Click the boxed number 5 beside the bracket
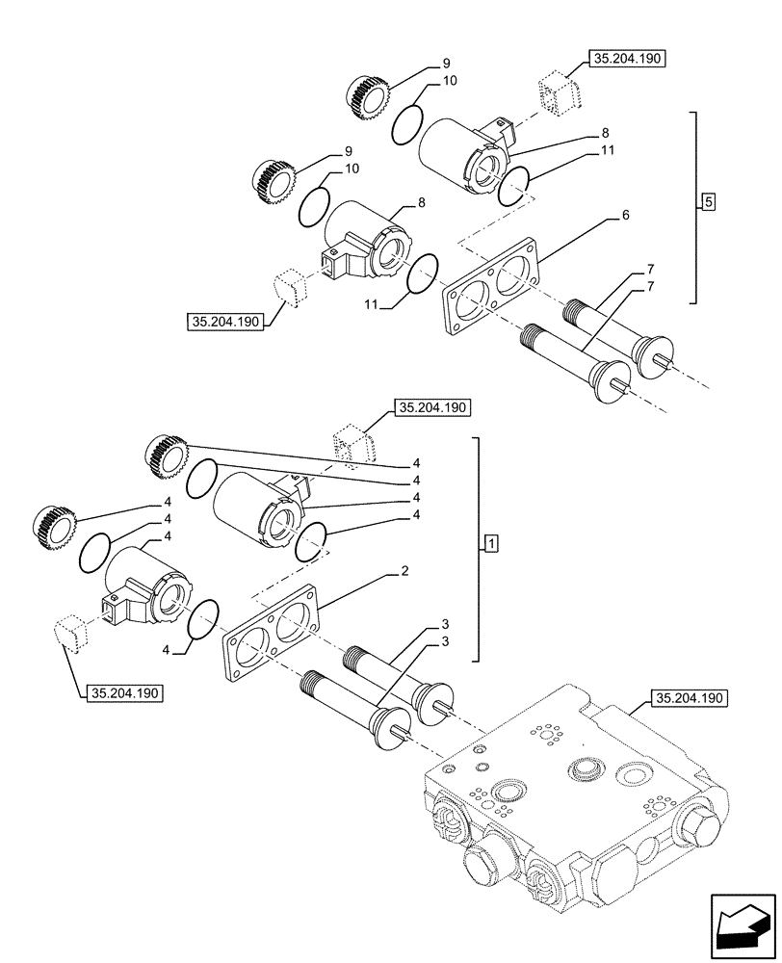coord(709,202)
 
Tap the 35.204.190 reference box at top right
coord(629,59)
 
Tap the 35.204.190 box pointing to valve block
coord(691,698)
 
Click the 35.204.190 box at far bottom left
coord(125,692)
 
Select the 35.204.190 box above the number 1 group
coord(430,408)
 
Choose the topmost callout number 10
coord(450,82)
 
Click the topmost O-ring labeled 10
coord(407,122)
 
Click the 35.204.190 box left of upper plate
coord(223,324)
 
